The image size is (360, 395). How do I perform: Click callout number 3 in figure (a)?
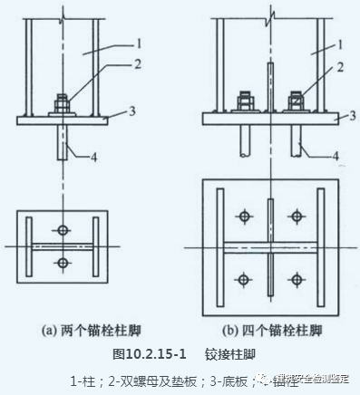(133, 111)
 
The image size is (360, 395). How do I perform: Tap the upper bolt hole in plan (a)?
(62, 227)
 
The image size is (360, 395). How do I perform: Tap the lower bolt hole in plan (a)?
(62, 264)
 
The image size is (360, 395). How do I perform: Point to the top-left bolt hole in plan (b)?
(243, 216)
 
